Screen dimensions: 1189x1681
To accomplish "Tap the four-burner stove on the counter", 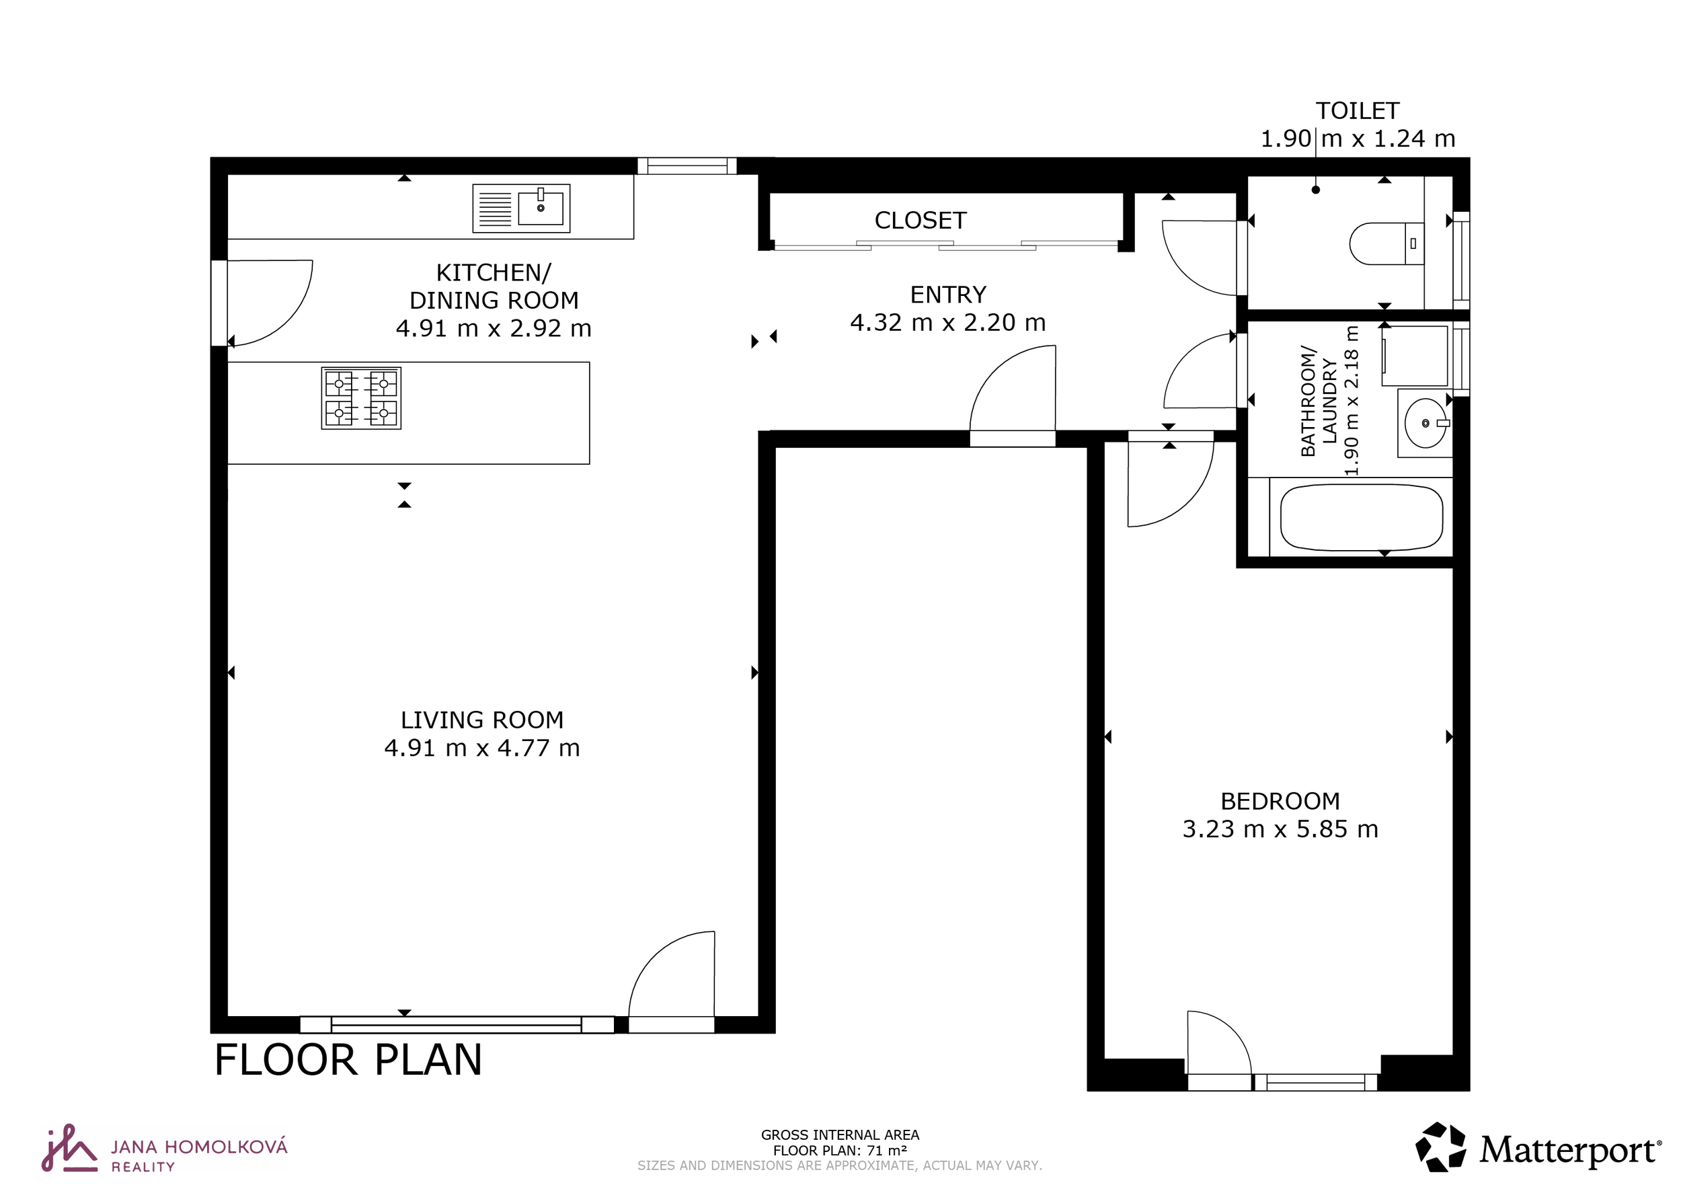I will tap(361, 397).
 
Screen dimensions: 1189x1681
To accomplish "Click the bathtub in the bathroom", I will tap(1361, 517).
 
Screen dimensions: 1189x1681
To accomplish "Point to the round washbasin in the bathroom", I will tap(1425, 423).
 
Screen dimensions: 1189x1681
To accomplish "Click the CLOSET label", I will tap(921, 221).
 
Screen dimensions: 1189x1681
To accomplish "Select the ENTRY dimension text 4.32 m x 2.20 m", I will tap(947, 323).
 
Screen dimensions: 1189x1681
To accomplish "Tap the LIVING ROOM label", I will tap(481, 720).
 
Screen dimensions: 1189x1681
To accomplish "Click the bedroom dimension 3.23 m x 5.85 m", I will tap(1280, 829).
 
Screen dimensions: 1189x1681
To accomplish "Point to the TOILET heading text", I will tap(1358, 111).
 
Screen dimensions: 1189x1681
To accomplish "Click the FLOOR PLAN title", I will tap(348, 1059).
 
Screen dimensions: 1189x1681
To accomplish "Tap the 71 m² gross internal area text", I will tap(840, 1150).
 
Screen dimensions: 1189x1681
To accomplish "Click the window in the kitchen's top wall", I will tap(686, 166).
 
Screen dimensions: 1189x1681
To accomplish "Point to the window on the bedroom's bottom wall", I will tap(1315, 1082).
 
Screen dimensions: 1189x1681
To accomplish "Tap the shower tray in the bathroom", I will tap(1415, 356).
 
